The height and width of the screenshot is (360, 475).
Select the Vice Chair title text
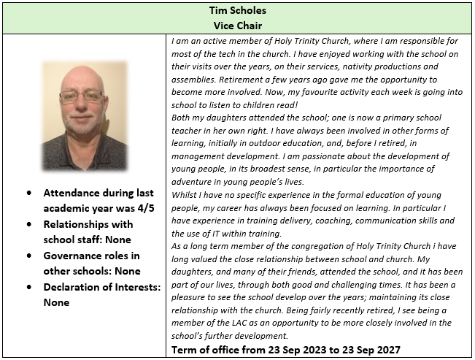click(237, 24)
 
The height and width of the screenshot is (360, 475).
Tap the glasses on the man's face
click(82, 96)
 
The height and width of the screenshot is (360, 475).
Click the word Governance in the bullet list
click(77, 256)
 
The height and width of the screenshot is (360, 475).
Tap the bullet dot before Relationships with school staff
click(28, 225)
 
